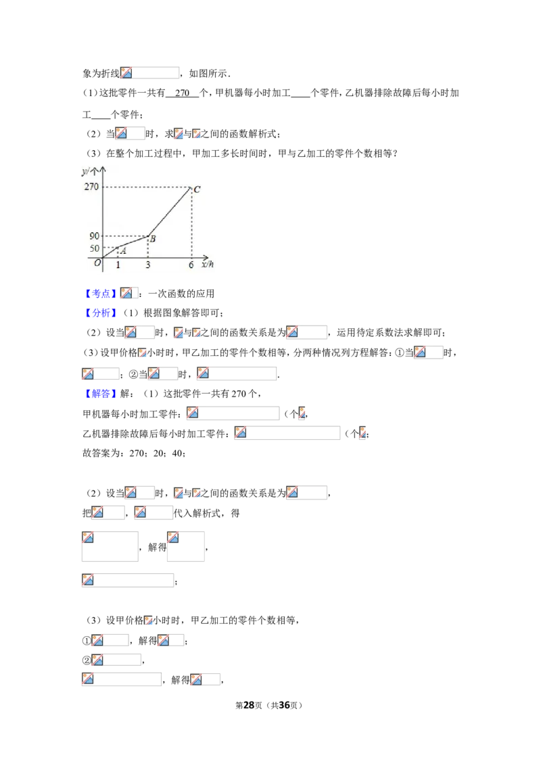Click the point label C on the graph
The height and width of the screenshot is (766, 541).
coord(197,189)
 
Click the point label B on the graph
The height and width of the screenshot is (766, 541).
coord(153,239)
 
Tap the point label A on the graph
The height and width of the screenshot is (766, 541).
coord(123,251)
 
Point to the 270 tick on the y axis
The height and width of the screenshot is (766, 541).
coord(91,187)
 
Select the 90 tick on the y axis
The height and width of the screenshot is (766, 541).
coord(94,236)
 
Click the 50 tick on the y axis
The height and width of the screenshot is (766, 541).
coord(94,248)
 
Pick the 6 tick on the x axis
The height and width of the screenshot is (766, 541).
coord(191,265)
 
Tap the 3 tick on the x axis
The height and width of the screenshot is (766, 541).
coord(148,265)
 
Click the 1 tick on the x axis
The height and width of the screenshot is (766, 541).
coord(118,265)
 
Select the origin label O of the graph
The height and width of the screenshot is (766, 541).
coord(97,263)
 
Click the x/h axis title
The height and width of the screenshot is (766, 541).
coord(208,265)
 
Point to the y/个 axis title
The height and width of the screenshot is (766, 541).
coord(90,171)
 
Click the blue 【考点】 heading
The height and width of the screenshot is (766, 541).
coord(101,294)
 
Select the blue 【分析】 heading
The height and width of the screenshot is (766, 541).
coord(101,313)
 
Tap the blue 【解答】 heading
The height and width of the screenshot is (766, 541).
coord(101,394)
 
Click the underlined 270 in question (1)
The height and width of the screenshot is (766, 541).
coord(182,93)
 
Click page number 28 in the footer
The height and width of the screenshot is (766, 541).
coord(249,705)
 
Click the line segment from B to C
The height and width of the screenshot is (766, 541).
coord(170,212)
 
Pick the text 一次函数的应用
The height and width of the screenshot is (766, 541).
coord(181,294)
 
